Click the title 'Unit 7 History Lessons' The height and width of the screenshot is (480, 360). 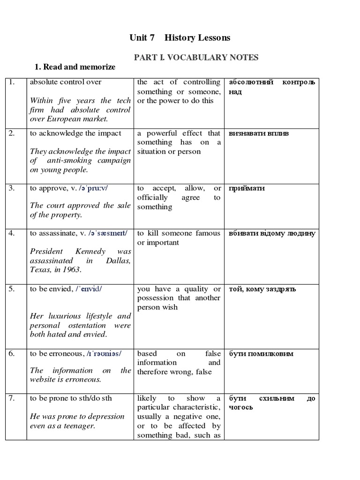click(180, 37)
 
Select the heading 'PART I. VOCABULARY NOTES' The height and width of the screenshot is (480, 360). click(196, 57)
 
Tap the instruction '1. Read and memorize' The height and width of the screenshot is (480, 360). click(72, 67)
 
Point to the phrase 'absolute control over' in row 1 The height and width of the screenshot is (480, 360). click(65, 82)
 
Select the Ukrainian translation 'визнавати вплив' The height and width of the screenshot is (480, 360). click(259, 133)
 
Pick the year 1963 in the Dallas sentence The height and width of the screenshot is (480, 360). click(72, 270)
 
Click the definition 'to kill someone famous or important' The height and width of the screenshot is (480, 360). click(178, 238)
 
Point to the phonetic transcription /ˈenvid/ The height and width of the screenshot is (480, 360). click(89, 289)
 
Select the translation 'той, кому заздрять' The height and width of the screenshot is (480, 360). click(262, 289)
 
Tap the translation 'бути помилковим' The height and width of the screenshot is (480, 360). click(261, 353)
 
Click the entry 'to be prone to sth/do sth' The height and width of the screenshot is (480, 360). click(71, 398)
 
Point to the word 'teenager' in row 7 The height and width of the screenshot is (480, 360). click(80, 426)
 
